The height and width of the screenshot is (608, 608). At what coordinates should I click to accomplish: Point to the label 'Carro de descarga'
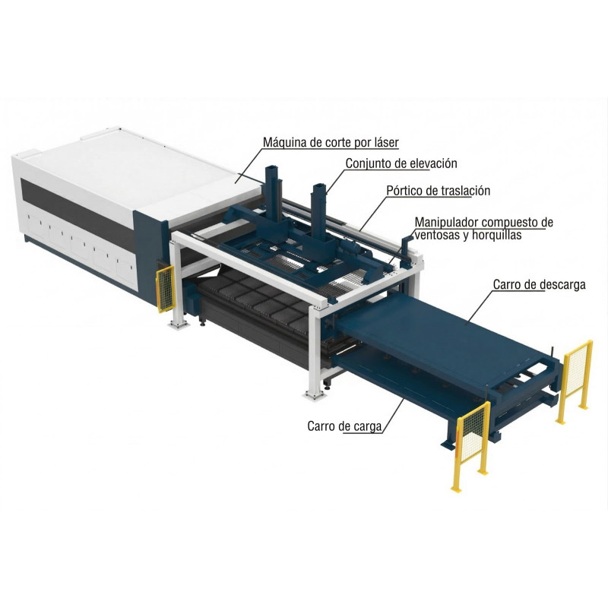[x=539, y=286]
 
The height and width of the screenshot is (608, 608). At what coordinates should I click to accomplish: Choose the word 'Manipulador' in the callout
[x=447, y=223]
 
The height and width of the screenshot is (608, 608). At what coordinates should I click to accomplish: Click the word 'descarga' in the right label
[x=560, y=286]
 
